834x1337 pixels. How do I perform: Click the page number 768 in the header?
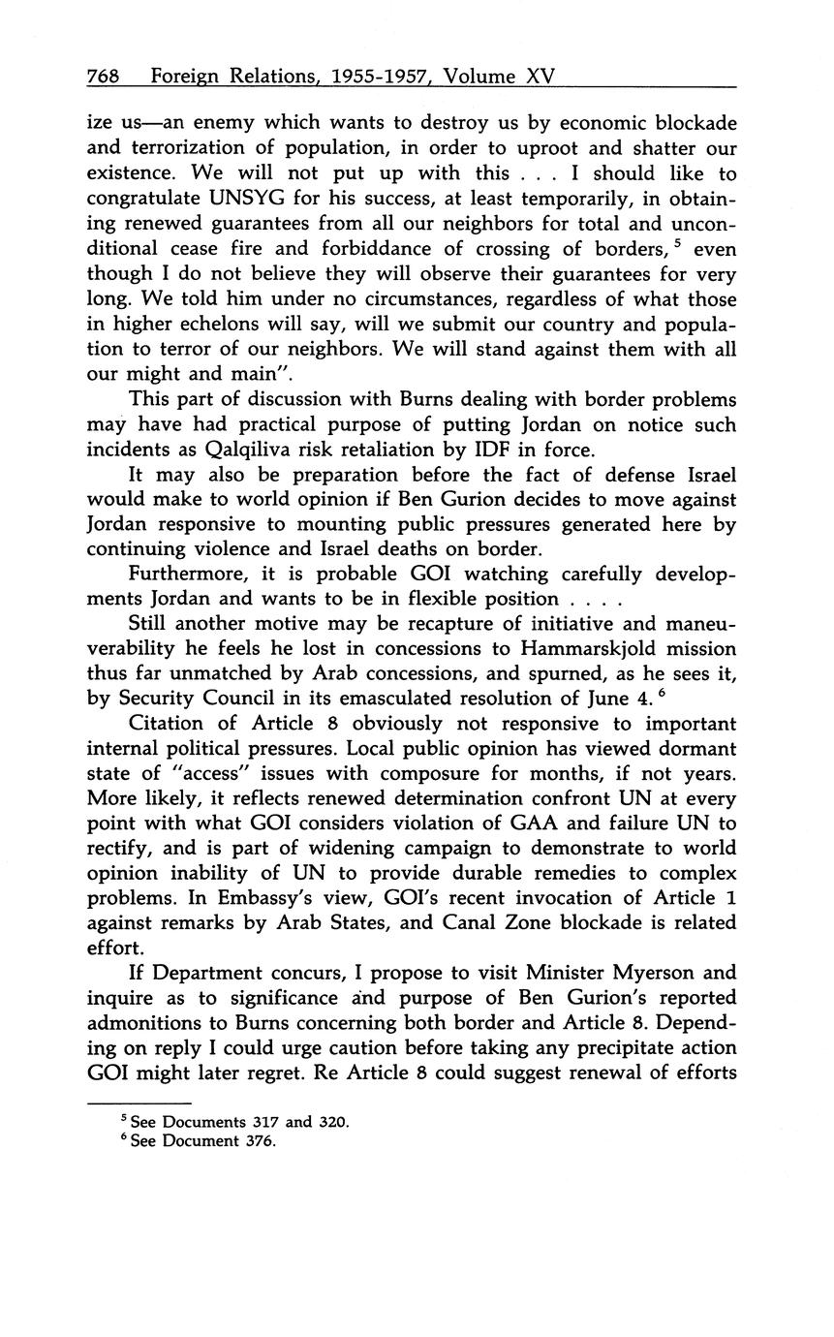tap(102, 76)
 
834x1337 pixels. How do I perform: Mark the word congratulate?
tap(142, 199)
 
